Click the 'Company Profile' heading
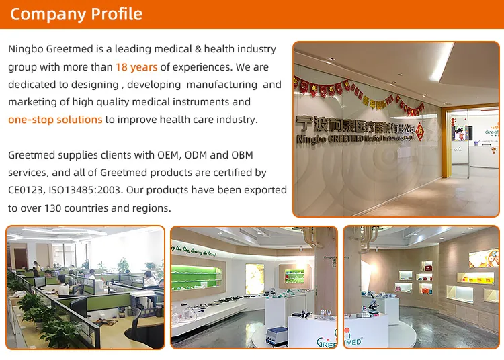coord(76,14)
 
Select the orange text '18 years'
coord(136,67)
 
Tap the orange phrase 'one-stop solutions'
coord(55,120)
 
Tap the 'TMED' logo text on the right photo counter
coord(353,341)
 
